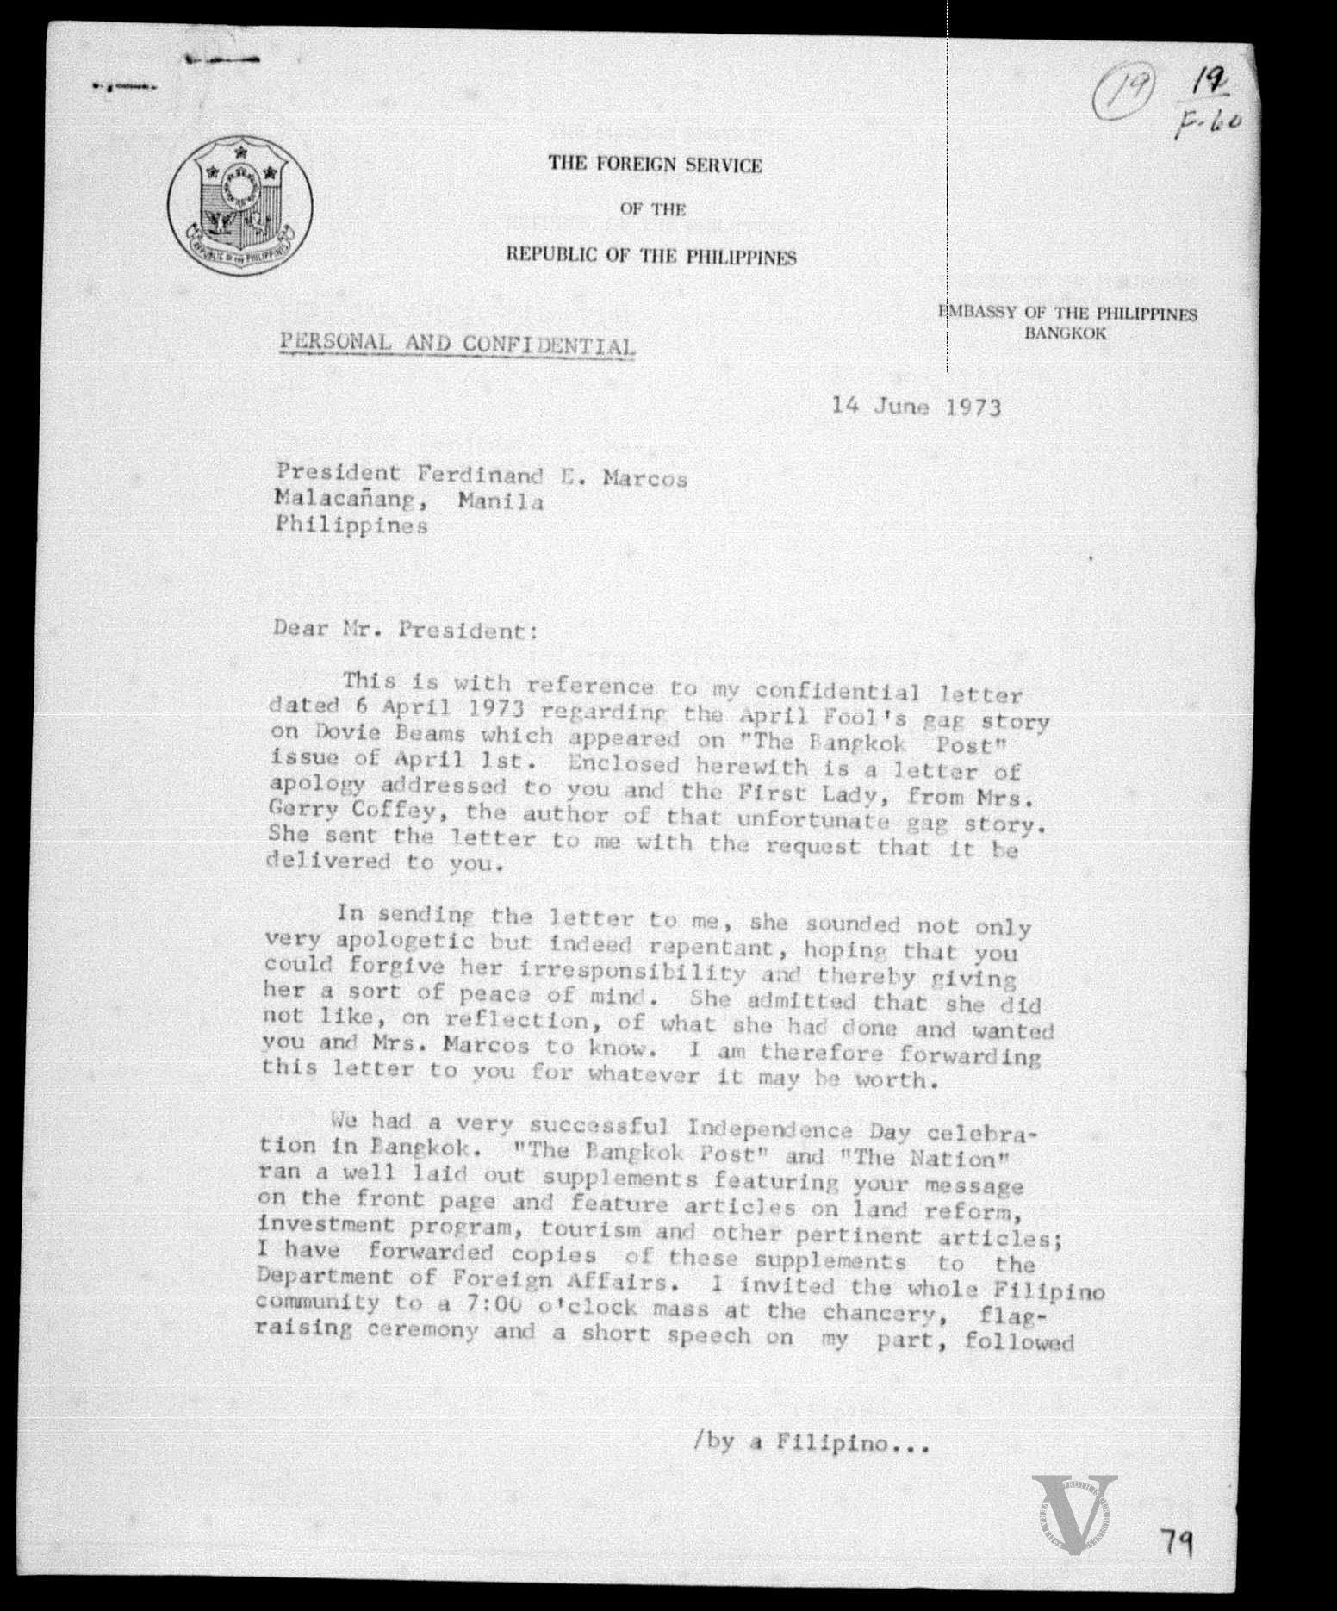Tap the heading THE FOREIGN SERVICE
[655, 165]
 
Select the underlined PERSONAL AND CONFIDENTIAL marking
[457, 344]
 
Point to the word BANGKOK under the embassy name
[1065, 333]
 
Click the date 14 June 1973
[916, 406]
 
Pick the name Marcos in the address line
[644, 478]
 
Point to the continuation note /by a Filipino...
[810, 1443]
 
